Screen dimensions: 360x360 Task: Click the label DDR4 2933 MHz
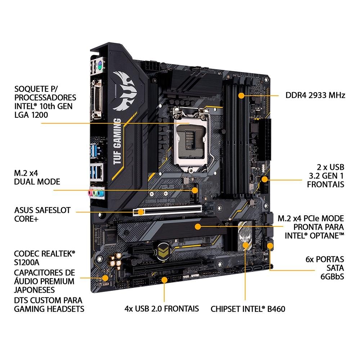click(315, 95)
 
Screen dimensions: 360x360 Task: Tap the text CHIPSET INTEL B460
click(248, 309)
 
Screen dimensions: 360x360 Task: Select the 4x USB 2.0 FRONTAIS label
click(162, 309)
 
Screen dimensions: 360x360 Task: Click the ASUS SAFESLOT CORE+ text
click(42, 214)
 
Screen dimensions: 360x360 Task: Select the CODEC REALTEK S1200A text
click(44, 258)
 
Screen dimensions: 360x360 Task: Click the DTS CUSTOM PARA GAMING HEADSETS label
click(48, 304)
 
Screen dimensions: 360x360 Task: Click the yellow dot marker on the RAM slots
click(242, 95)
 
